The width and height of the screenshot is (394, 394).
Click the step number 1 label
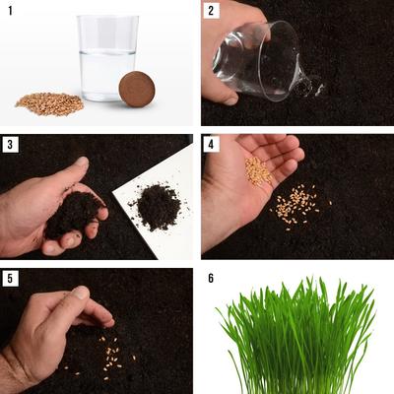coord(8,10)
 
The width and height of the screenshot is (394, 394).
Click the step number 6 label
coord(210,278)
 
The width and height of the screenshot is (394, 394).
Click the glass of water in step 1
coord(107,59)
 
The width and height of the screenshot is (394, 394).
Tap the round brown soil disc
coord(136,89)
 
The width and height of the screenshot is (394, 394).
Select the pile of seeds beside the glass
coord(50,102)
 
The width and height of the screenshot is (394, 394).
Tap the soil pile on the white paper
coord(156,206)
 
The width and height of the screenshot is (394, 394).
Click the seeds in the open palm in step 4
coord(258,171)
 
